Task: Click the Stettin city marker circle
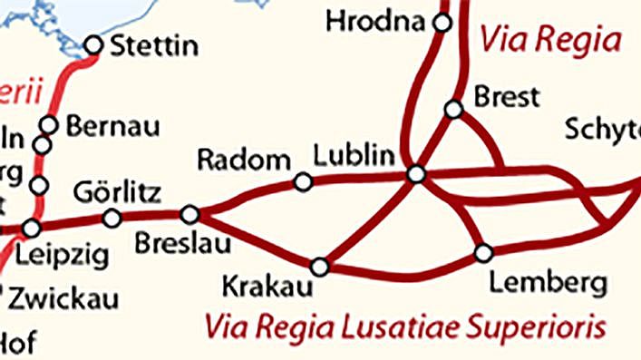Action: tap(93, 44)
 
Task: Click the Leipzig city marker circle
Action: tap(32, 228)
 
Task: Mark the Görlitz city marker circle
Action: tap(112, 218)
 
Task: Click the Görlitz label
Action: tap(116, 192)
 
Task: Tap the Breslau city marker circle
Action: tap(189, 215)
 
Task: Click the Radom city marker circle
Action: tap(304, 182)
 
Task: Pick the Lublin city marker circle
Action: tap(416, 174)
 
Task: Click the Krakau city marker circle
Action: tap(319, 267)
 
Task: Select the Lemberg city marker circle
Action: tap(483, 251)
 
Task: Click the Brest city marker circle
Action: tap(453, 109)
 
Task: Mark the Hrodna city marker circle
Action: tap(442, 23)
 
